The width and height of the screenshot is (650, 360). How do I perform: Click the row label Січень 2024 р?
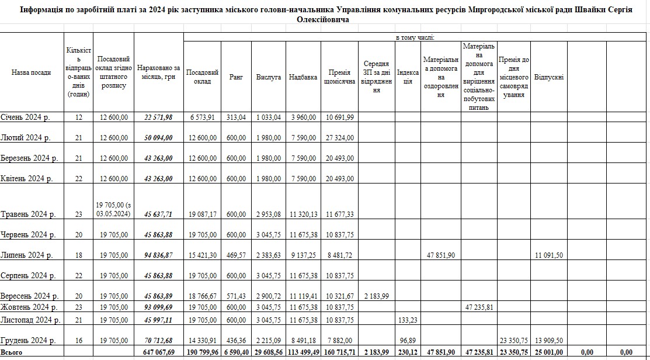25,117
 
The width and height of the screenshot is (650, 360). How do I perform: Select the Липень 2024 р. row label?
27,255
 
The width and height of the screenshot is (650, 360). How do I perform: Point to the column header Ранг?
236,77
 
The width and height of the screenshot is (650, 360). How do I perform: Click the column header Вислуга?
269,77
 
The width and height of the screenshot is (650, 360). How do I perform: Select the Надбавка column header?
303,77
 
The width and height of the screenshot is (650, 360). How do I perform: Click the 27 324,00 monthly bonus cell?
339,138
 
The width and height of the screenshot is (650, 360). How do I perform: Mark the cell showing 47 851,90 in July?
441,255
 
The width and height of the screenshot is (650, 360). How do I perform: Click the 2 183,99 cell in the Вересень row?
376,296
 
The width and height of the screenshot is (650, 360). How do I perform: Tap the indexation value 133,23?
408,320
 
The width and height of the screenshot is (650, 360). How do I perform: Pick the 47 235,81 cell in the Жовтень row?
479,307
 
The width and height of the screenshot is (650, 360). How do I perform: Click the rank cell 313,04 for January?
236,117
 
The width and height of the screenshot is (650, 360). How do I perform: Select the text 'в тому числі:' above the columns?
415,38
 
